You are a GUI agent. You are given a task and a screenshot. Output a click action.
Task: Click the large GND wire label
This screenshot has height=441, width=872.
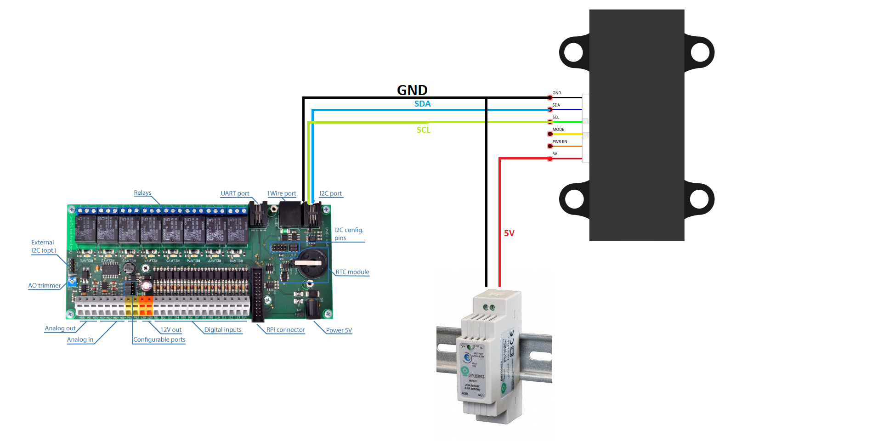pos(412,90)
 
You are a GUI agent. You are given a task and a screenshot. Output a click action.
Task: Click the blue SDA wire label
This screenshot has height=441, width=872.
pos(422,104)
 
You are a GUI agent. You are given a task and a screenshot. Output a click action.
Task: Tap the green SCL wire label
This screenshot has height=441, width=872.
pos(423,130)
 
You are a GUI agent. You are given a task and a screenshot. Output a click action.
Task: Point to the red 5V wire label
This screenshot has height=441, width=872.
pos(509,233)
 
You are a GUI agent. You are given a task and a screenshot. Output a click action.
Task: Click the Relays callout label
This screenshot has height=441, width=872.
pos(142,193)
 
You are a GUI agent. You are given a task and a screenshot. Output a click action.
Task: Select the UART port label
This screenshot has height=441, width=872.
pos(235,193)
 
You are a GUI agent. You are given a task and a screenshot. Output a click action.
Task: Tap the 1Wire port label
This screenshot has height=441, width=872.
pos(282,193)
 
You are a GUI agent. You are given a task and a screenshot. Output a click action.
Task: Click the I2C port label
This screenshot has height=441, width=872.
pos(330,193)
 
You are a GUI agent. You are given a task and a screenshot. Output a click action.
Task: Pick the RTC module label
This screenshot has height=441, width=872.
pos(352,272)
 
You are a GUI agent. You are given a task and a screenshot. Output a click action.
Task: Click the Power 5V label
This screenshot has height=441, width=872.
pos(339,330)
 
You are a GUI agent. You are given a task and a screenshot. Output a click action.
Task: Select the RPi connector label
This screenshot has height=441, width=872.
pos(285,330)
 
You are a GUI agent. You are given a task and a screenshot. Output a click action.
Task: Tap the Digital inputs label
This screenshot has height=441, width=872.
pos(223,330)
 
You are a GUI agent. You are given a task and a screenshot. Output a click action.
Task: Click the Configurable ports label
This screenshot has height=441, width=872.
pos(159,339)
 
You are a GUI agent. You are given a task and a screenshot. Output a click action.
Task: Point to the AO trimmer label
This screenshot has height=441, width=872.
pos(44,286)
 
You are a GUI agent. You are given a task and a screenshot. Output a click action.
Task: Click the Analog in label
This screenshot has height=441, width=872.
pos(80,339)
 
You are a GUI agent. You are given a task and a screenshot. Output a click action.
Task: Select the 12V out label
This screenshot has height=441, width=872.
pos(170,330)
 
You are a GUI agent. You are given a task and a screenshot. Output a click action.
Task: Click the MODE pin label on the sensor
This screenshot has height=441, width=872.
pos(558,130)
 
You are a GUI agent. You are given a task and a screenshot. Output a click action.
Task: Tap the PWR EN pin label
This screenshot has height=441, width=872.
pos(560,141)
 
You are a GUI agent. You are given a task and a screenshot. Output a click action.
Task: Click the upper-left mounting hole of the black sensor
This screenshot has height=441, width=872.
pos(574,52)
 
